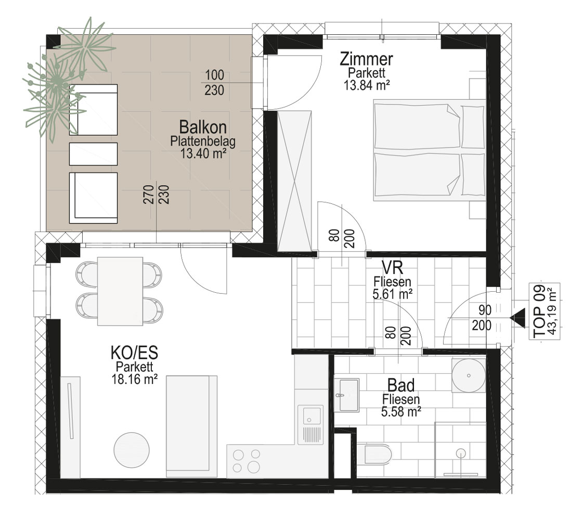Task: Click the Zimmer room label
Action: pyautogui.click(x=367, y=59)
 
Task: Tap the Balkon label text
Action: pyautogui.click(x=203, y=127)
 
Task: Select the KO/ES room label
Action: pyautogui.click(x=134, y=353)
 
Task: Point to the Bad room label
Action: pyautogui.click(x=401, y=385)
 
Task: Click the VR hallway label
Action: pyautogui.click(x=392, y=267)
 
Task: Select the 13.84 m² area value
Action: pyautogui.click(x=367, y=86)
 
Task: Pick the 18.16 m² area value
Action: pyautogui.click(x=134, y=379)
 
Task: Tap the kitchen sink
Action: pyautogui.click(x=310, y=424)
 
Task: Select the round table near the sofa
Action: pyautogui.click(x=132, y=449)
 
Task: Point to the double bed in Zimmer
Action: pyautogui.click(x=430, y=150)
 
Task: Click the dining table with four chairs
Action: pyautogui.click(x=120, y=291)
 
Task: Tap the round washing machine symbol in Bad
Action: pyautogui.click(x=469, y=375)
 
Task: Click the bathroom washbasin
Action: pyautogui.click(x=347, y=395)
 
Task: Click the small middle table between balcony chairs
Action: pyautogui.click(x=93, y=154)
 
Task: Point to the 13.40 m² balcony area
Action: pyautogui.click(x=203, y=153)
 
